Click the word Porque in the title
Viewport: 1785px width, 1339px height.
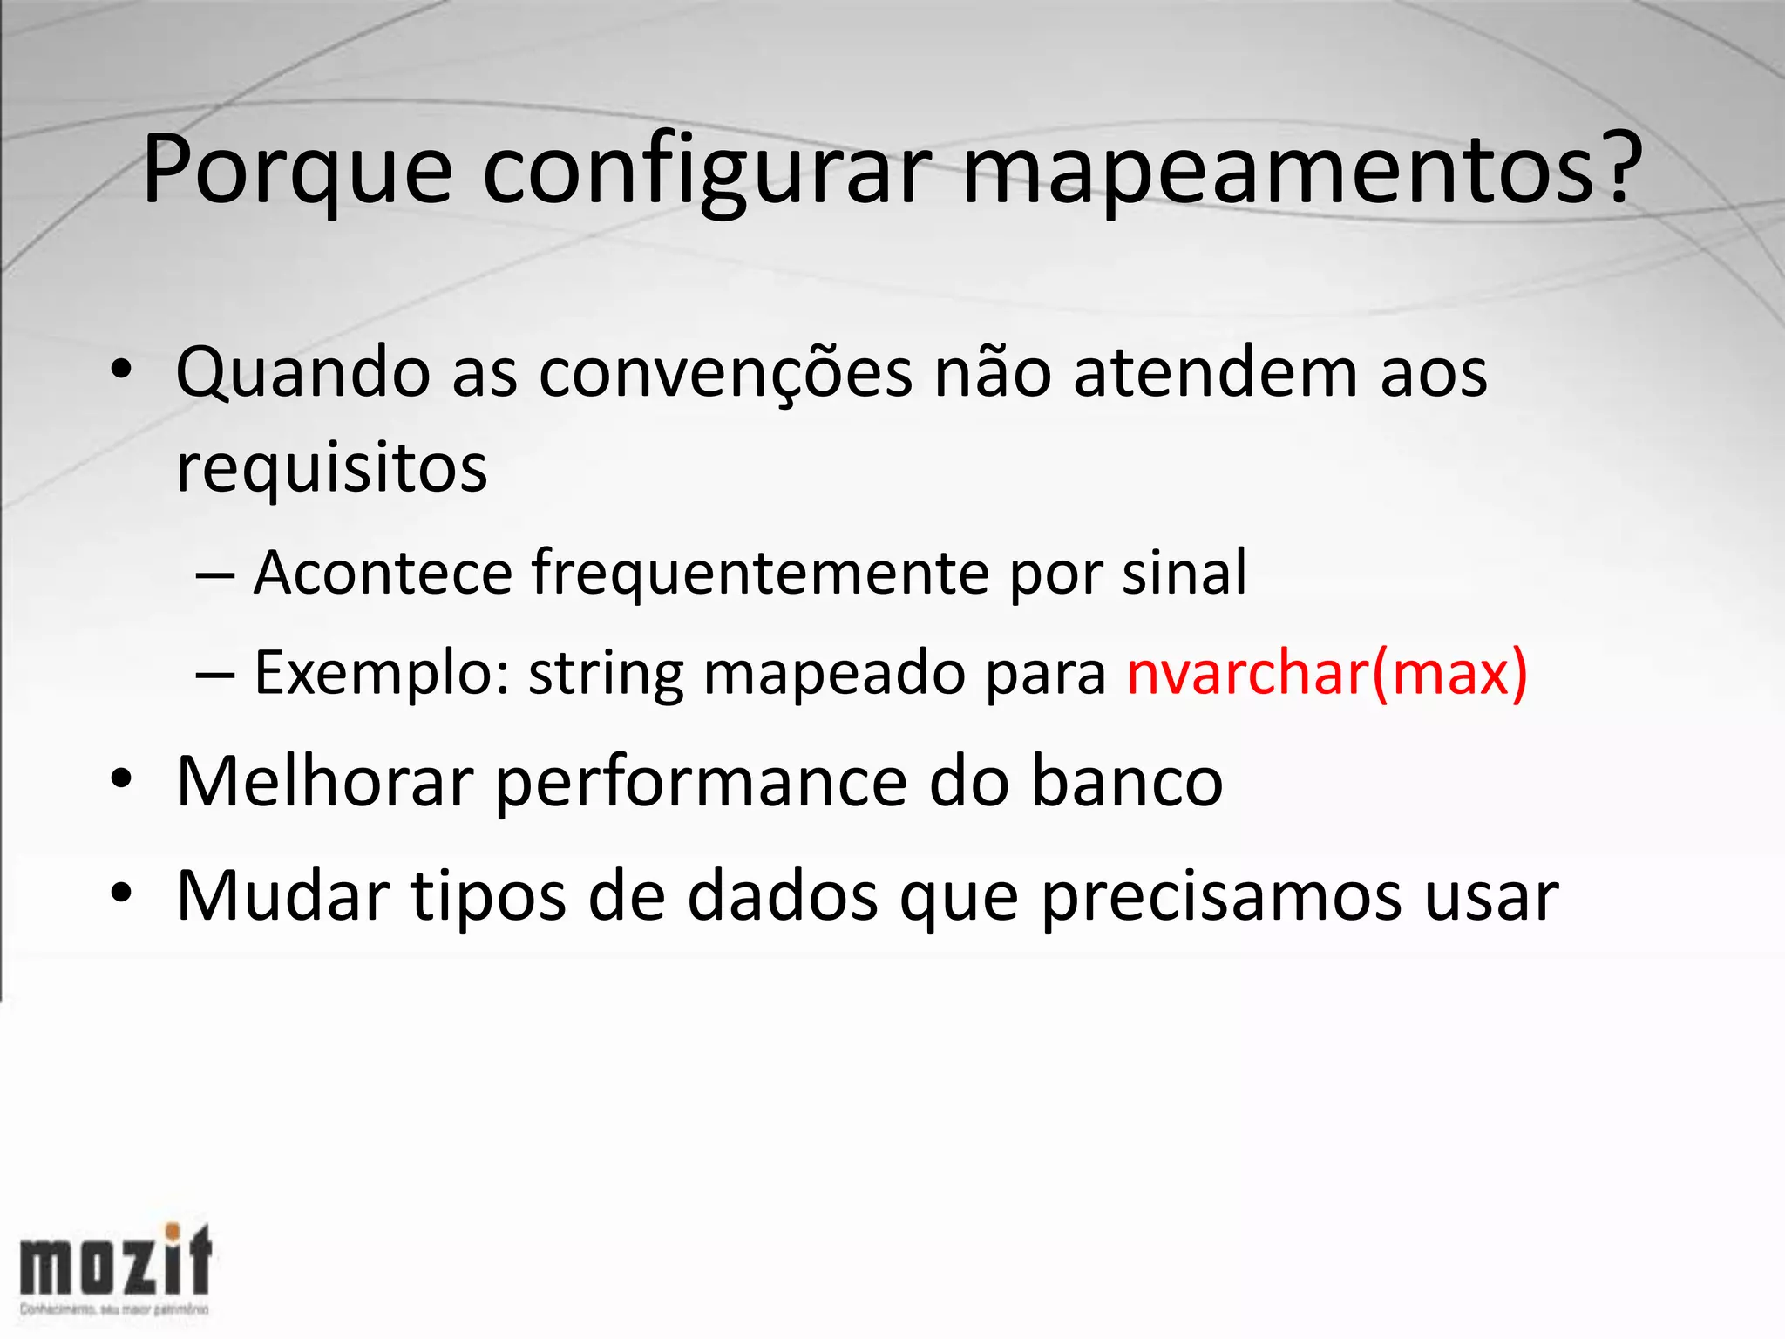pos(296,172)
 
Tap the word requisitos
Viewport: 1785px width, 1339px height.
pos(331,469)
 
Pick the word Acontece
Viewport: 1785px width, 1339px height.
pos(383,573)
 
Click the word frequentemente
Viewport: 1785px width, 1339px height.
pos(760,574)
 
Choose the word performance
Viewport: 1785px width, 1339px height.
pos(702,783)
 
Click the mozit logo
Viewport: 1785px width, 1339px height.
pos(116,1268)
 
